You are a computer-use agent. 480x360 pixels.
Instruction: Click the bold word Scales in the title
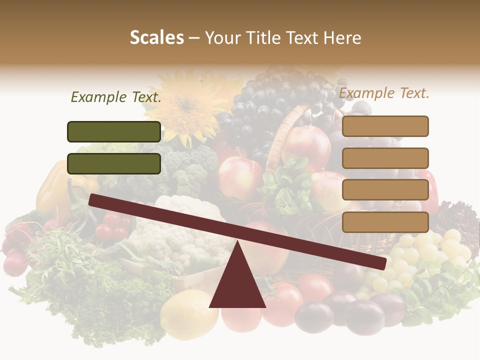[156, 37]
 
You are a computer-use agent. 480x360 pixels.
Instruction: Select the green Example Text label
[116, 97]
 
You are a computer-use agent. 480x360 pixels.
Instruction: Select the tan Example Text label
[384, 93]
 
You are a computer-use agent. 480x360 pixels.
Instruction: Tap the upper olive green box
[114, 131]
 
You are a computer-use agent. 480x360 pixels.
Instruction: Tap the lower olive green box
[114, 163]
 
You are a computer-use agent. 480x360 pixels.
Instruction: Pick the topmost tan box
[385, 126]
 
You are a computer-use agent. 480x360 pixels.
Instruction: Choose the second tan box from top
[385, 158]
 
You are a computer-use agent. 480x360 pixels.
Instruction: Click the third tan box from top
[385, 190]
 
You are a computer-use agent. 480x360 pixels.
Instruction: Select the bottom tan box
[385, 222]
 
